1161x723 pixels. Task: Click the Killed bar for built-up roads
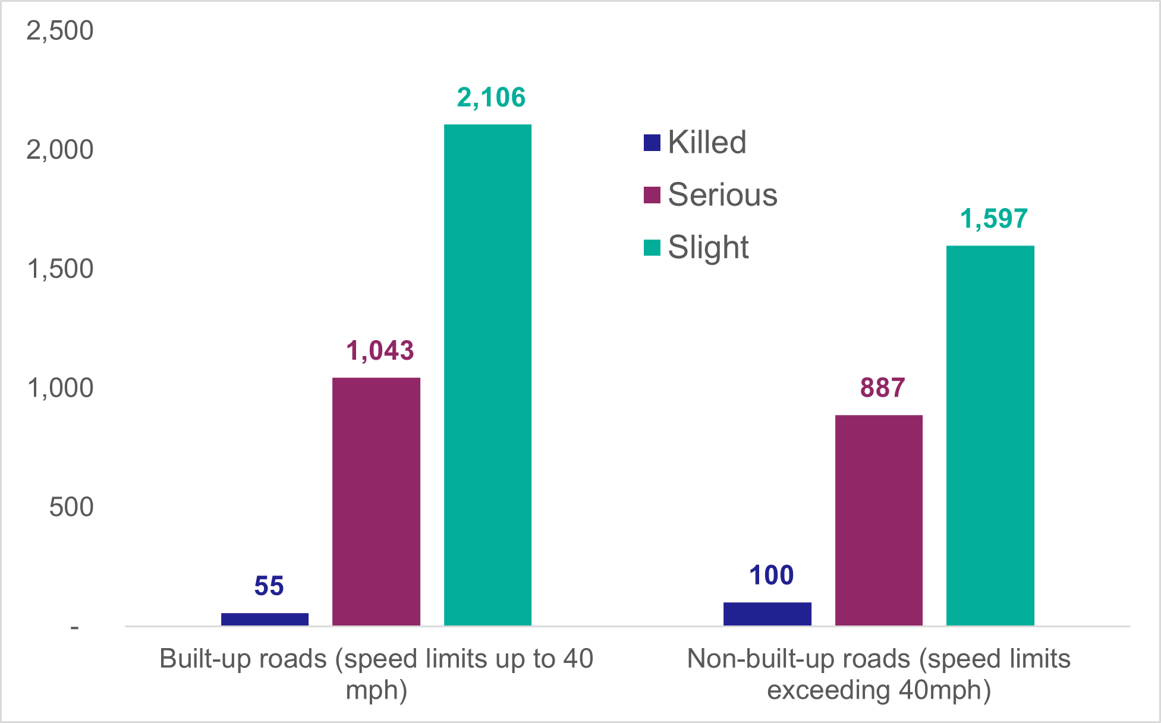(265, 619)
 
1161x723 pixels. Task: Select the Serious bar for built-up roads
(376, 501)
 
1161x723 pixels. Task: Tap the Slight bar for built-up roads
(487, 375)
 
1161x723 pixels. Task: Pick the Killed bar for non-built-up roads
(767, 614)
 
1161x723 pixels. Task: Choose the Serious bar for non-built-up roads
(879, 520)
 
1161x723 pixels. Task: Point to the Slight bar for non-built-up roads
(990, 435)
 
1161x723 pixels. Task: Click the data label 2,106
(491, 98)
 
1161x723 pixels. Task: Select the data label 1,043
(380, 351)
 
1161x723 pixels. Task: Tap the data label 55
(269, 586)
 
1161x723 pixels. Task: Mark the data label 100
(771, 576)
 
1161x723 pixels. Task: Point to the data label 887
(882, 388)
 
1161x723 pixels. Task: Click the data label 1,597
(994, 219)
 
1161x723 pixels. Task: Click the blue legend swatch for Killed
(652, 143)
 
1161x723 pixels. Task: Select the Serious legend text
(722, 194)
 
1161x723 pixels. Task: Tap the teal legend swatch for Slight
(652, 247)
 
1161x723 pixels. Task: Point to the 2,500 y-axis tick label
(60, 30)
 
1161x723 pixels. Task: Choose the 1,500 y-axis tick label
(60, 269)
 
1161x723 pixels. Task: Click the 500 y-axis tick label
(71, 507)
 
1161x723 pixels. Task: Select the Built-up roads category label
(376, 674)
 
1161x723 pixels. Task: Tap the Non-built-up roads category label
(879, 674)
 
